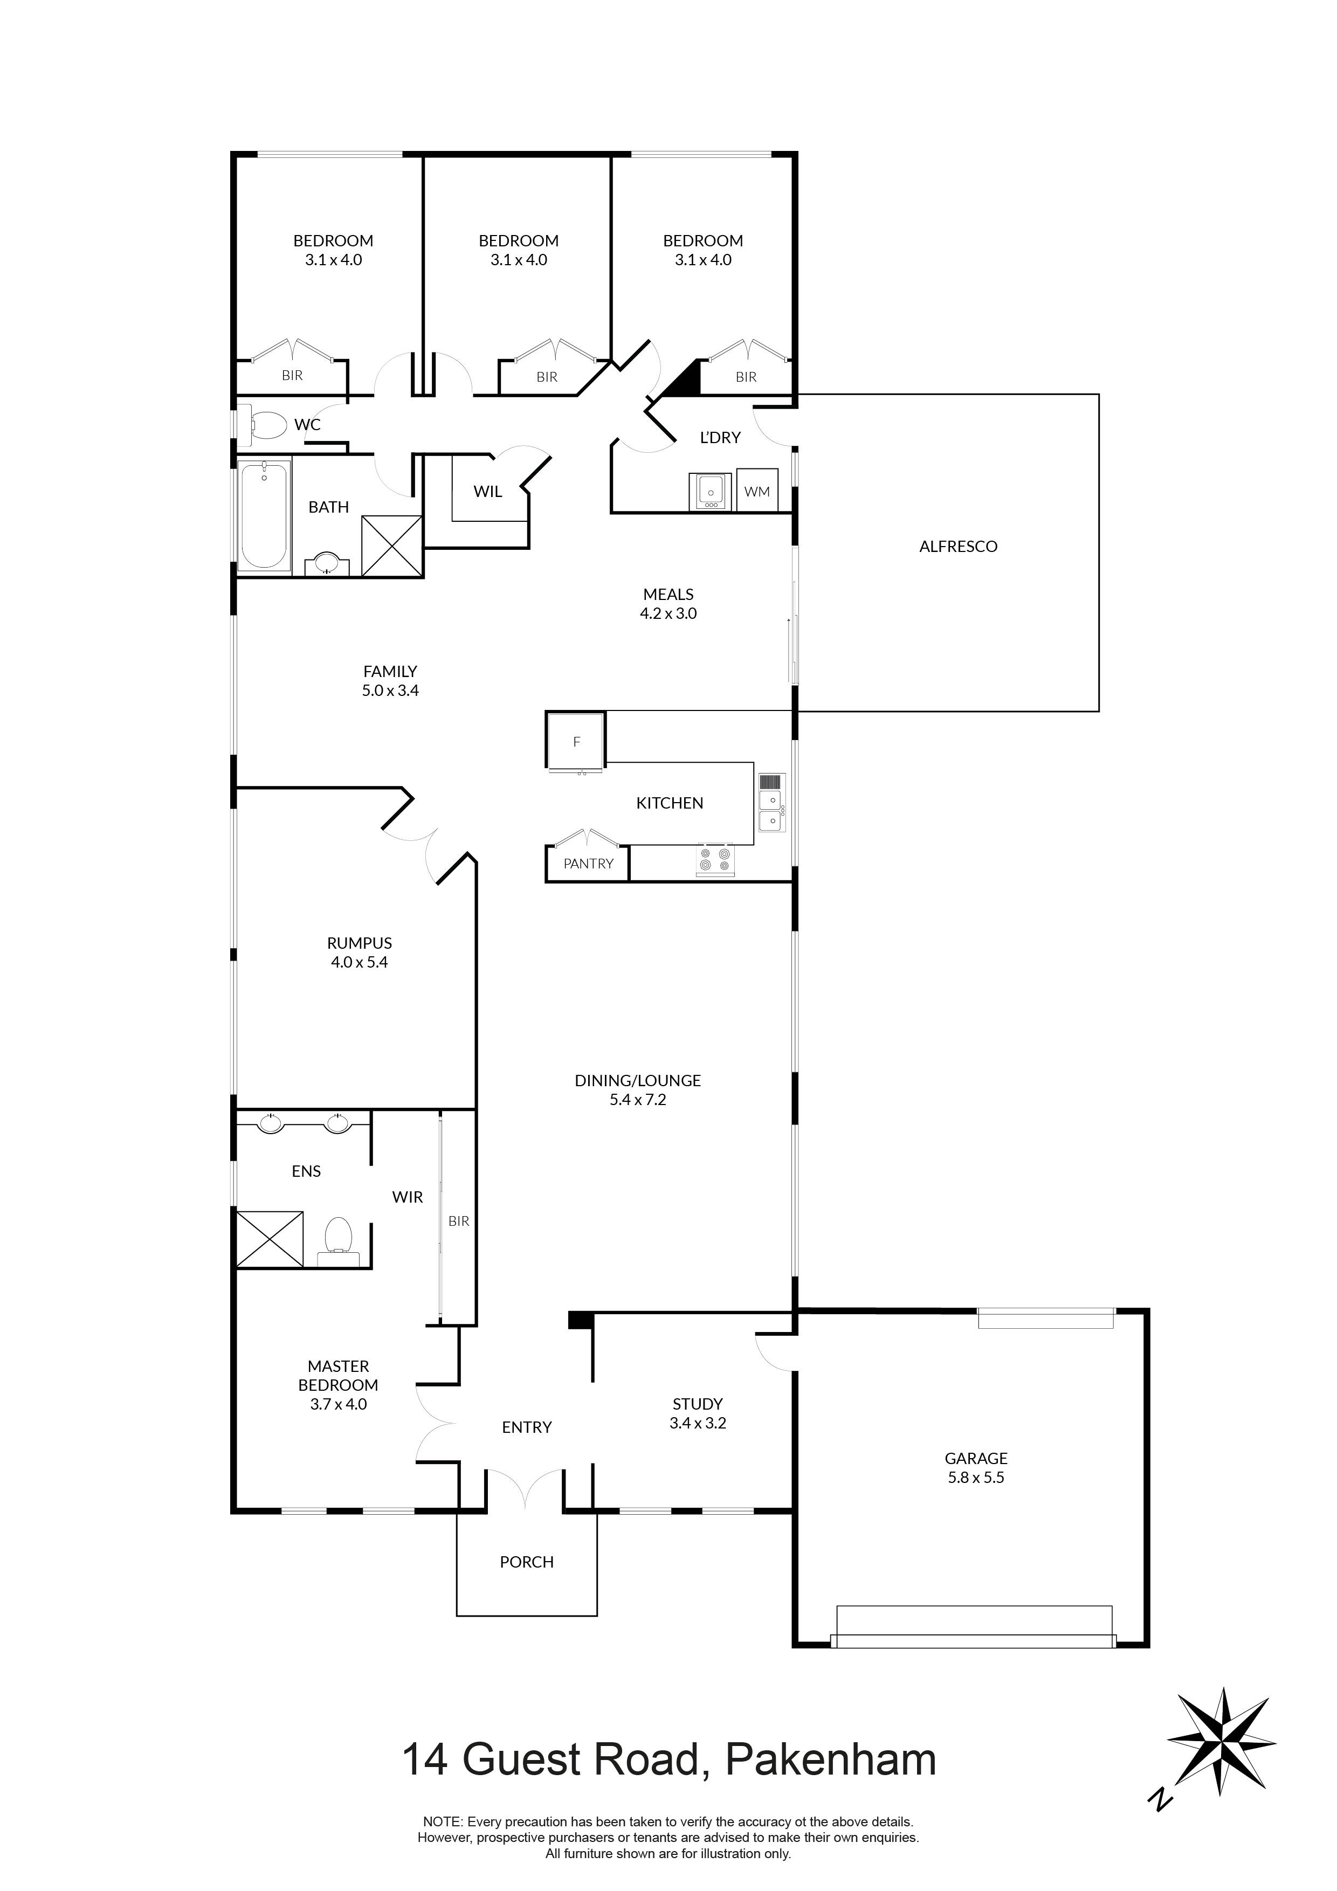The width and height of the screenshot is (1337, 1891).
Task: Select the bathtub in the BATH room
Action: pyautogui.click(x=264, y=515)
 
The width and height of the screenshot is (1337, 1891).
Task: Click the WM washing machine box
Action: pyautogui.click(x=756, y=492)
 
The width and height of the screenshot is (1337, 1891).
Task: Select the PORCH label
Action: pyautogui.click(x=526, y=1562)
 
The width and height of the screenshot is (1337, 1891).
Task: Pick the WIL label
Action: pyautogui.click(x=488, y=492)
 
